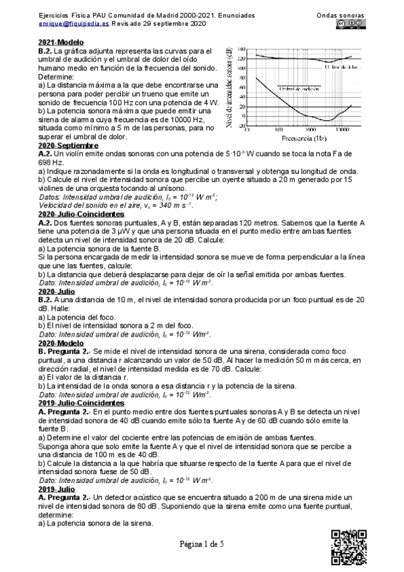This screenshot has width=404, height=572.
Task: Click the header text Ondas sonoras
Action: [x=341, y=14]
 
